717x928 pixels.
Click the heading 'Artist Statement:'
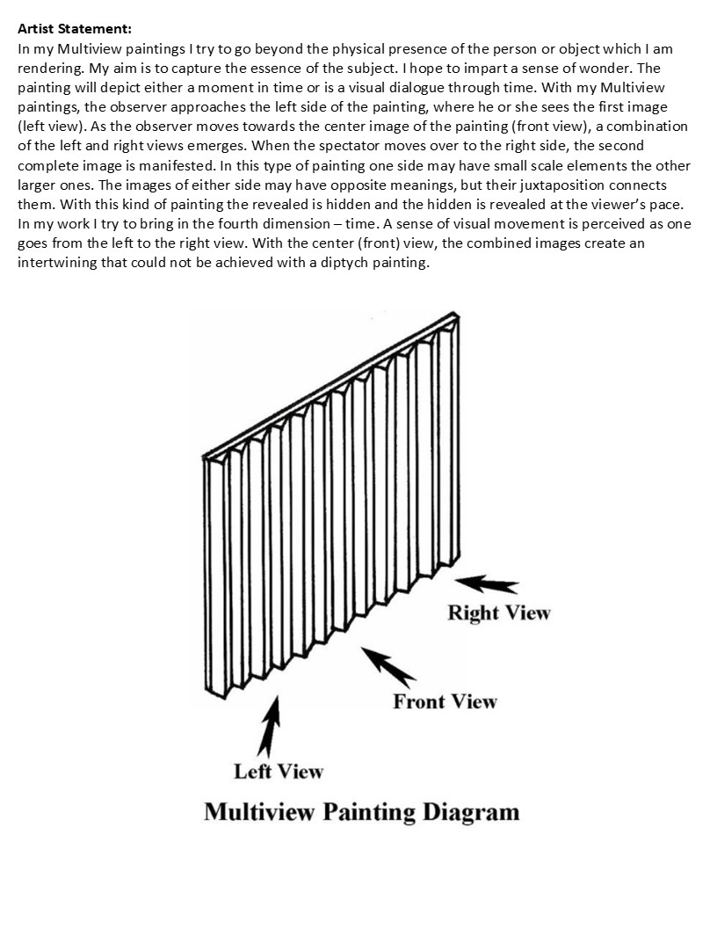(74, 29)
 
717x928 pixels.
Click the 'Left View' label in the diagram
(278, 772)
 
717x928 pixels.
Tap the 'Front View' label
(445, 701)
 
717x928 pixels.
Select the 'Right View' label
(498, 613)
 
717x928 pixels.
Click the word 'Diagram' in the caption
(471, 811)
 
